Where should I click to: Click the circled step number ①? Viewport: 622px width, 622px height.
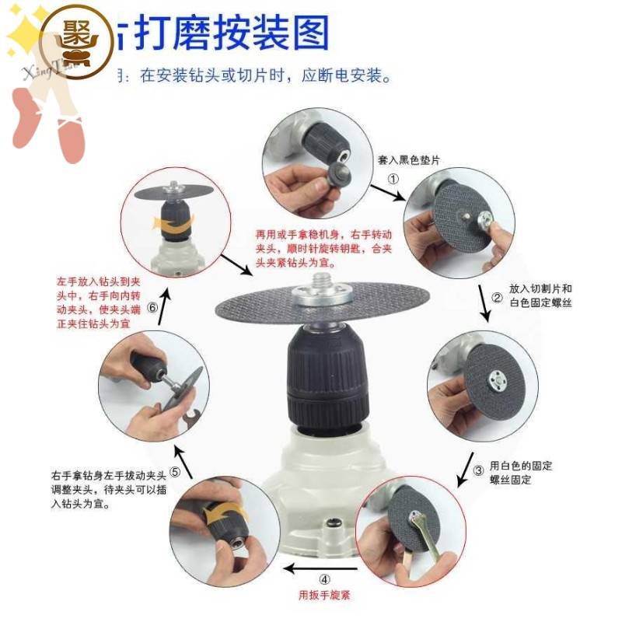click(393, 178)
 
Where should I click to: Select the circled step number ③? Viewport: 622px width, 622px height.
click(479, 470)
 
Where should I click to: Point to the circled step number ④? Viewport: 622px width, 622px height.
click(324, 578)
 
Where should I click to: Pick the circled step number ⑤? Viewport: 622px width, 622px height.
click(176, 472)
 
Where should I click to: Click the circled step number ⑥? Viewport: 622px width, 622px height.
click(152, 308)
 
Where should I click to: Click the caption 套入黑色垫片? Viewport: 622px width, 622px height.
click(409, 159)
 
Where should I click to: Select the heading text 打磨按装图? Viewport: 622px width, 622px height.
click(231, 33)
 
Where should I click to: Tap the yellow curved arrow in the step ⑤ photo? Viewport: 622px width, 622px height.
click(225, 515)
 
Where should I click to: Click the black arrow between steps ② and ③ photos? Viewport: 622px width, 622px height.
click(487, 308)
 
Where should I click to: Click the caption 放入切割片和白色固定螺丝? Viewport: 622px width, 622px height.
click(541, 295)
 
